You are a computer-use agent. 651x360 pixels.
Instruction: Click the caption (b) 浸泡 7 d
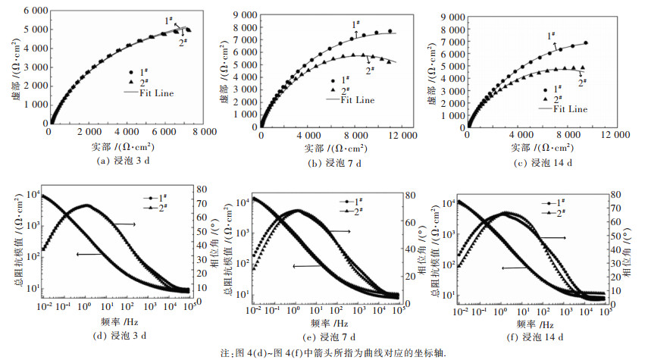(x=330, y=162)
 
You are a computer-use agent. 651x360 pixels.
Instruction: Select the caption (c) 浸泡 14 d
(x=540, y=162)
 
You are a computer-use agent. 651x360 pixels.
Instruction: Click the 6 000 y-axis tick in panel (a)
(x=26, y=11)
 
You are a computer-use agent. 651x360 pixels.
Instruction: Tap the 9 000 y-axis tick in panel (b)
(x=240, y=14)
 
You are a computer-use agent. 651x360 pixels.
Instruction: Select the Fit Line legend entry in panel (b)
(x=355, y=99)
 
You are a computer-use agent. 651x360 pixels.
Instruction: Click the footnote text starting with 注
(x=325, y=352)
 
